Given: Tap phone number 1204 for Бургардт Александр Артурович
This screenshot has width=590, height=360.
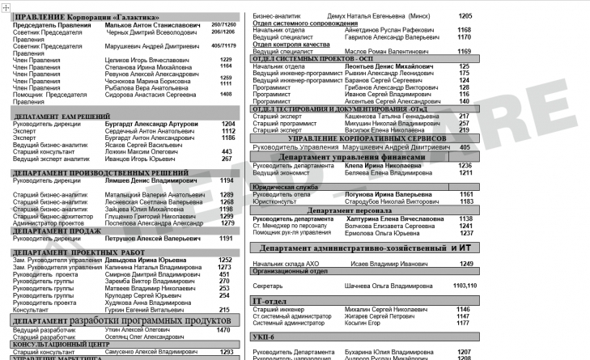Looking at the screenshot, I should [x=228, y=124].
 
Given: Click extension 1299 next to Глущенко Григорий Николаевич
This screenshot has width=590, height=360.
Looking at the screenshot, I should [x=227, y=216].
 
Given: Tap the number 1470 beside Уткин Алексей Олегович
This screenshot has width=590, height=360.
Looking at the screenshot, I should [x=223, y=330].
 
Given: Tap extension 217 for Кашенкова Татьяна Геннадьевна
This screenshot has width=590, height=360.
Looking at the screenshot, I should [x=464, y=116].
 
